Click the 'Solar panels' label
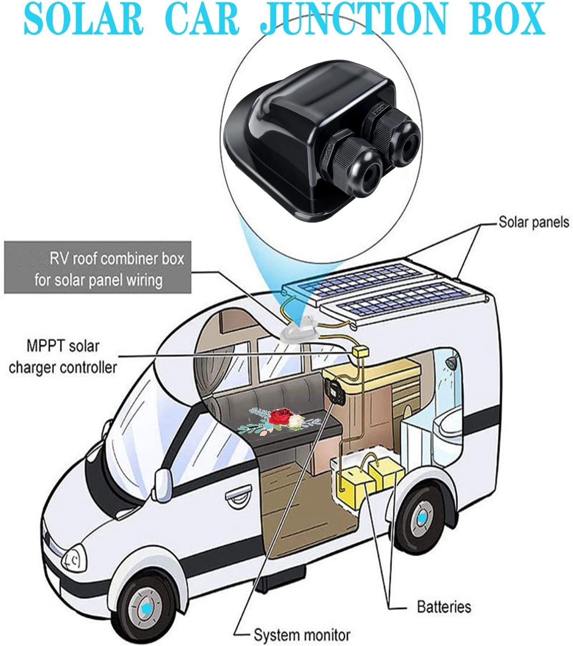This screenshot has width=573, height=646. point(533,222)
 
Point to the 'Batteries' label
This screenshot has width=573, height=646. point(444,607)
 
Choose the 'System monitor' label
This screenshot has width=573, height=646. point(302,635)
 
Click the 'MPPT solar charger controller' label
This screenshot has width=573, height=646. point(63,357)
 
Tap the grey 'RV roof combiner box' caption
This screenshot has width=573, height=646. point(98,268)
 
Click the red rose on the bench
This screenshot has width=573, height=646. point(281,415)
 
